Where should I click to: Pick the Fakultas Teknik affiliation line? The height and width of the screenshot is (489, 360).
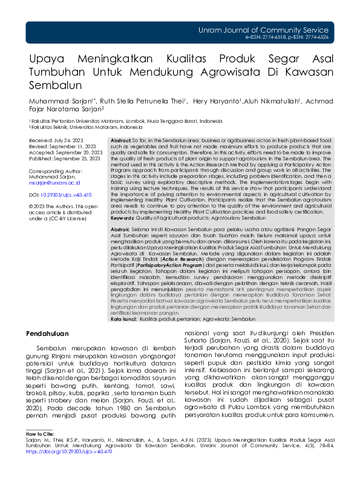click(87, 128)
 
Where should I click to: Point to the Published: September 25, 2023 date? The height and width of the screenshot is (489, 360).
click(64, 159)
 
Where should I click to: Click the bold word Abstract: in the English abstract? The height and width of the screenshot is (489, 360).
click(122, 140)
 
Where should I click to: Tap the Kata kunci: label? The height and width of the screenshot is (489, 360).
click(124, 318)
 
